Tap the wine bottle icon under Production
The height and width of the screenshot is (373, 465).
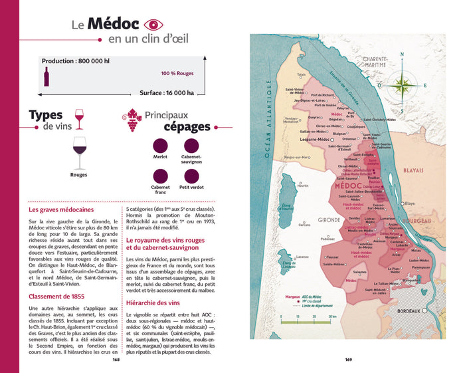click(46, 76)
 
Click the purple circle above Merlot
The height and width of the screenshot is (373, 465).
click(159, 144)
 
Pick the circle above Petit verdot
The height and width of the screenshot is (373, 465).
click(191, 176)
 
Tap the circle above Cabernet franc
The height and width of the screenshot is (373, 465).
click(159, 176)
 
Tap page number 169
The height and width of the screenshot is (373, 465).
click(349, 361)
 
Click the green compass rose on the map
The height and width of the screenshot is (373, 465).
click(403, 84)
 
